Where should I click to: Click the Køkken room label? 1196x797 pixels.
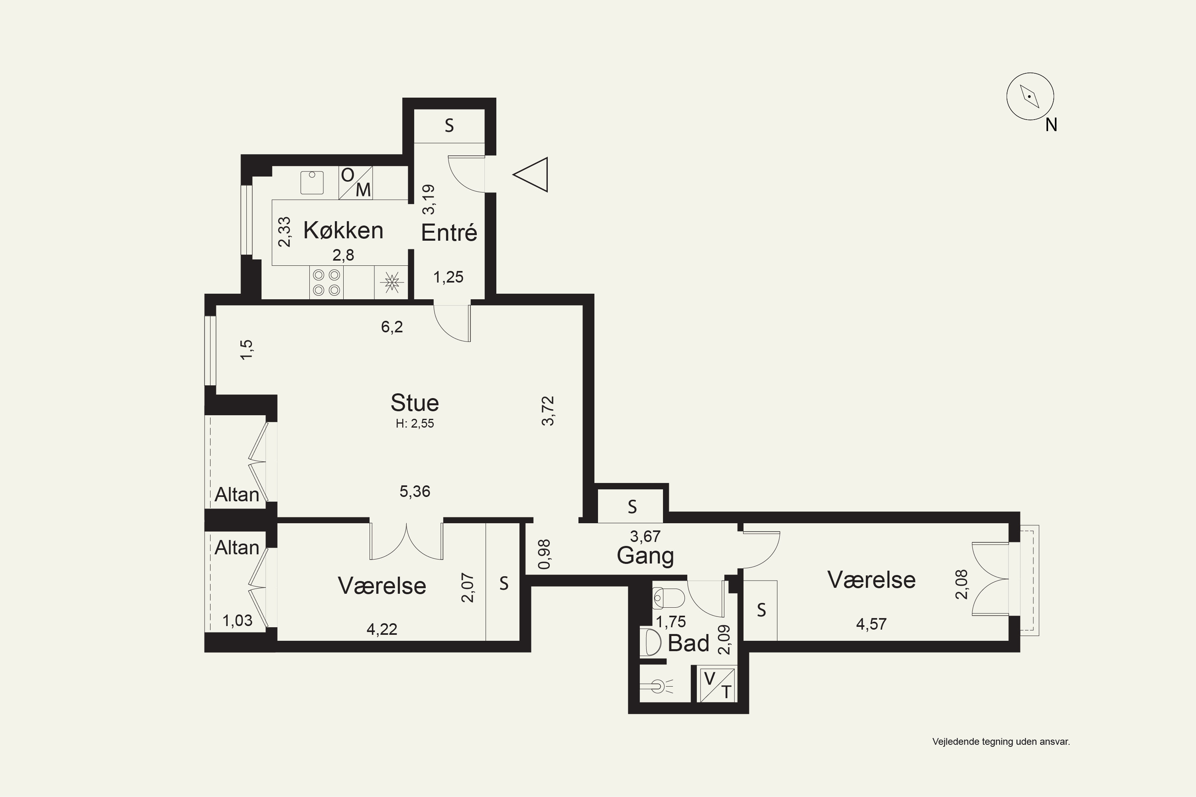click(343, 230)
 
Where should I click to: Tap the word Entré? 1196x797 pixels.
click(449, 233)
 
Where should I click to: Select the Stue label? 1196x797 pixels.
click(415, 402)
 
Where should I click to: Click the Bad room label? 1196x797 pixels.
click(688, 643)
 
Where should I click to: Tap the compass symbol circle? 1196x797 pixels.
click(1030, 96)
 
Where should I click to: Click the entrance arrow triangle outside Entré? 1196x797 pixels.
click(530, 175)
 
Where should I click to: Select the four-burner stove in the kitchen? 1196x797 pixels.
click(326, 283)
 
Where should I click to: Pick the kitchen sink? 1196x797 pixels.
click(312, 183)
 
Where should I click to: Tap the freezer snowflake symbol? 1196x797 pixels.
click(391, 283)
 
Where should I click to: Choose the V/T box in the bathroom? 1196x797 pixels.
click(718, 685)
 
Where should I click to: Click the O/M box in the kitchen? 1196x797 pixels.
click(356, 183)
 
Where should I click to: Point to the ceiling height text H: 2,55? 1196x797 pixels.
click(415, 423)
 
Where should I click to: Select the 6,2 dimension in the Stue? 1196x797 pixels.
click(392, 327)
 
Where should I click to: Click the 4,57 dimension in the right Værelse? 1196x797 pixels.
click(871, 624)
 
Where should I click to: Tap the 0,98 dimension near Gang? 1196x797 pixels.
click(544, 554)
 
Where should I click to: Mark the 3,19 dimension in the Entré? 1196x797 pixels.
click(429, 199)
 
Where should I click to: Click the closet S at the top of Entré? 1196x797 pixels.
click(449, 126)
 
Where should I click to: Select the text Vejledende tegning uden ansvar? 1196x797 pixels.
click(1001, 742)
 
